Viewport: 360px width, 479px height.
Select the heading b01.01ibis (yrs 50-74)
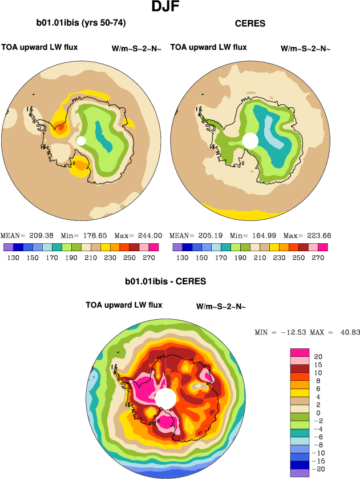tap(81, 23)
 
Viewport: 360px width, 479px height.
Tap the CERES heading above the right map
tap(250, 23)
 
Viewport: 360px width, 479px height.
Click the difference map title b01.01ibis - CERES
tap(165, 281)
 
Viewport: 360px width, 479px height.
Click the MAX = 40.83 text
tap(335, 332)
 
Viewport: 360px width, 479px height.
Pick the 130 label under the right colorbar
tap(182, 258)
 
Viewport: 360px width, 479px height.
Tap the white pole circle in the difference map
tap(165, 399)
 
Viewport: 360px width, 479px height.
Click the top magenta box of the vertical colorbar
tap(299, 351)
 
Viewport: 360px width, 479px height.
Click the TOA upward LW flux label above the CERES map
tap(208, 47)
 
